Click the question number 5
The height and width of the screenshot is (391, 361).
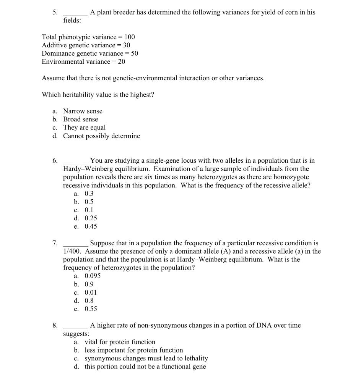pyautogui.click(x=55, y=12)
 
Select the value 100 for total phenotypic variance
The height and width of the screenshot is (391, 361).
pyautogui.click(x=130, y=37)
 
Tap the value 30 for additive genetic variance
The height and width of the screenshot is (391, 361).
pyautogui.click(x=127, y=45)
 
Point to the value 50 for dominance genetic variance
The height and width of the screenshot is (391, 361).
pyautogui.click(x=134, y=53)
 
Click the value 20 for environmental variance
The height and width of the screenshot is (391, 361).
pyautogui.click(x=122, y=61)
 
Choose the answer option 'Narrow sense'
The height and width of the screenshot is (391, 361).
pyautogui.click(x=83, y=111)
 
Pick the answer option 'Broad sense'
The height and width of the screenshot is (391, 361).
pyautogui.click(x=80, y=119)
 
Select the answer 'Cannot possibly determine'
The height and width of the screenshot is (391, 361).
pyautogui.click(x=101, y=136)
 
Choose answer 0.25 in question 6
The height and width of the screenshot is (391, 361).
pyautogui.click(x=91, y=218)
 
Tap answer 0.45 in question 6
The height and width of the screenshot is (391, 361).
pyautogui.click(x=91, y=226)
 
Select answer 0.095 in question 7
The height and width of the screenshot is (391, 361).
pyautogui.click(x=92, y=276)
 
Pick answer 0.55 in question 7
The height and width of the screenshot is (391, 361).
pyautogui.click(x=91, y=309)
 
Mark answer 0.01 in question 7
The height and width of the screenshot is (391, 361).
pyautogui.click(x=91, y=292)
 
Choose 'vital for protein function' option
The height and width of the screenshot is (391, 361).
pyautogui.click(x=120, y=342)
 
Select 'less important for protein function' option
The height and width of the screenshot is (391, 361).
pyautogui.click(x=133, y=350)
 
